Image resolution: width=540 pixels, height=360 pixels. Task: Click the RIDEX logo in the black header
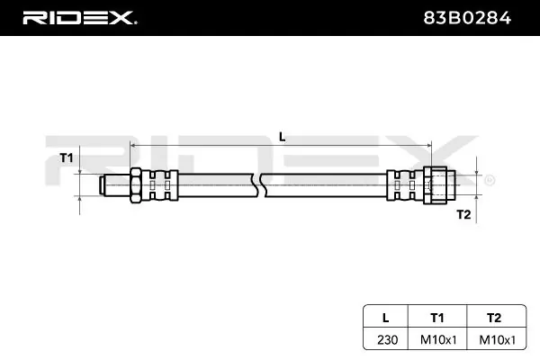[x=79, y=18]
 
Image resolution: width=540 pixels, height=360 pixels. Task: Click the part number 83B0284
[x=467, y=18]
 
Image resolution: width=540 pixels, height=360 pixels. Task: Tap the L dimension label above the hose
[x=282, y=137]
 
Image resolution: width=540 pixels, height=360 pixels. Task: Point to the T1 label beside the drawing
[x=67, y=157]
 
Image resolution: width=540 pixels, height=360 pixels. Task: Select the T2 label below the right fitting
[x=463, y=214]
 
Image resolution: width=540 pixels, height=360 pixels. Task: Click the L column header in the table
[x=386, y=318]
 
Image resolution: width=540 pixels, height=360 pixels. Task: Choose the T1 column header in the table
[x=437, y=318]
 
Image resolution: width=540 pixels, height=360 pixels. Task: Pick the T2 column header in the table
[x=494, y=318]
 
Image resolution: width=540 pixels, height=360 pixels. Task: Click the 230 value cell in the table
[x=387, y=340]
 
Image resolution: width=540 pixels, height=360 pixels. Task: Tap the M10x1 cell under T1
[x=438, y=340]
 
